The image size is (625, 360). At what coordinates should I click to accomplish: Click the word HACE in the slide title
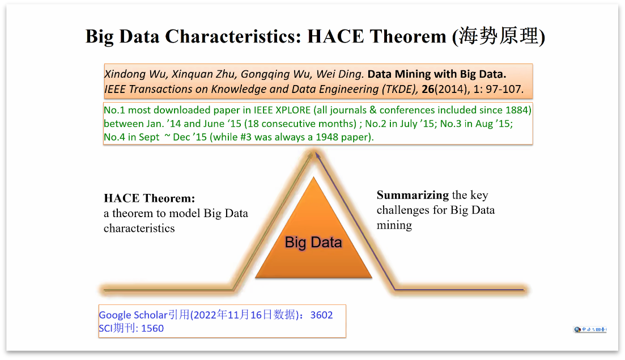pyautogui.click(x=335, y=36)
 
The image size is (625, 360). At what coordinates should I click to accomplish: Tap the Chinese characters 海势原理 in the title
pyautogui.click(x=499, y=36)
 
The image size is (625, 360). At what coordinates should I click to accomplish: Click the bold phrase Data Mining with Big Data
pyautogui.click(x=436, y=74)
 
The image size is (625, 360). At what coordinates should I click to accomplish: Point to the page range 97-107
pyautogui.click(x=504, y=89)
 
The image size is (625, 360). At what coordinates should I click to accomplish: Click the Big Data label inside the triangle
pyautogui.click(x=313, y=242)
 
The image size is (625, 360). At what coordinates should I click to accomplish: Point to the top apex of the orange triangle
pyautogui.click(x=314, y=177)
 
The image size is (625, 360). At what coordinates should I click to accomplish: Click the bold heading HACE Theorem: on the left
pyautogui.click(x=150, y=198)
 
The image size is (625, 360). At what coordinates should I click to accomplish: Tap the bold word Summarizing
pyautogui.click(x=413, y=195)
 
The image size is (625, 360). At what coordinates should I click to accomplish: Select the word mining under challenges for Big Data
pyautogui.click(x=394, y=225)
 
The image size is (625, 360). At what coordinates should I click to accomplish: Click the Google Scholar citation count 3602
pyautogui.click(x=321, y=315)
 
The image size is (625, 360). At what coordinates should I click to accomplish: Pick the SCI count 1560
pyautogui.click(x=152, y=328)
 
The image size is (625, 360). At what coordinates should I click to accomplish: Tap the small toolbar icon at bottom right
pyautogui.click(x=590, y=329)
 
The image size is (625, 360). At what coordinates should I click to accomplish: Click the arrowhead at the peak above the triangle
pyautogui.click(x=317, y=155)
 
